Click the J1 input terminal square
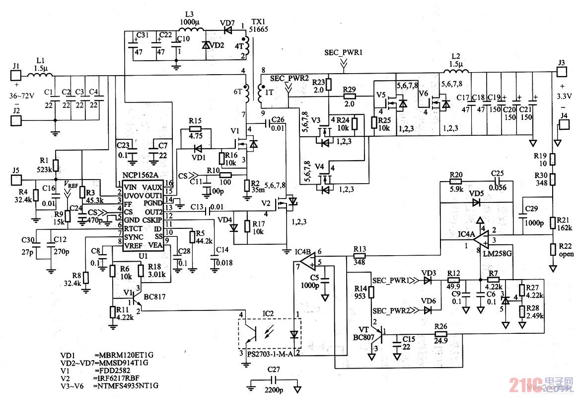[16, 76]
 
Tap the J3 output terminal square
[562, 72]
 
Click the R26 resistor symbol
[440, 334]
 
